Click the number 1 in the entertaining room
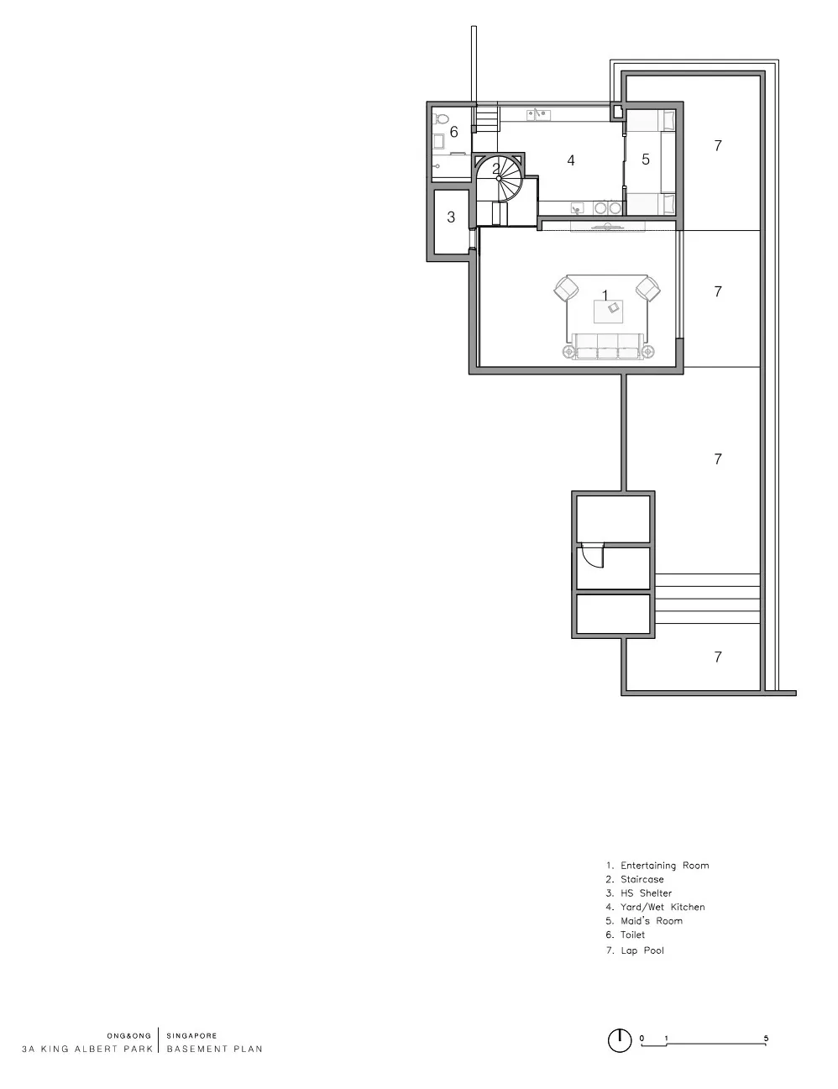point(605,296)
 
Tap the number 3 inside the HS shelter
point(451,217)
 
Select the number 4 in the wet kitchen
point(570,160)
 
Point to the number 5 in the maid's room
point(646,160)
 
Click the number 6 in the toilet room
point(453,132)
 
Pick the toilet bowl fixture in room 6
point(440,119)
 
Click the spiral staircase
point(498,178)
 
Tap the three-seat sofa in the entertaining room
point(607,346)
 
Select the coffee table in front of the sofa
point(609,312)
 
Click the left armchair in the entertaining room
point(567,289)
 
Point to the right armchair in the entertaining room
point(647,289)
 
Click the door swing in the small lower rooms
point(591,555)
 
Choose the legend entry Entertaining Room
point(657,866)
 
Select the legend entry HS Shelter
point(639,893)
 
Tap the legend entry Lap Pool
point(635,950)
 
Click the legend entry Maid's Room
point(645,920)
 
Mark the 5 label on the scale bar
point(766,1039)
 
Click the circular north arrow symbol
point(620,1040)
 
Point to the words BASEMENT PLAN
point(214,1049)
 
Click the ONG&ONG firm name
point(128,1035)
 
